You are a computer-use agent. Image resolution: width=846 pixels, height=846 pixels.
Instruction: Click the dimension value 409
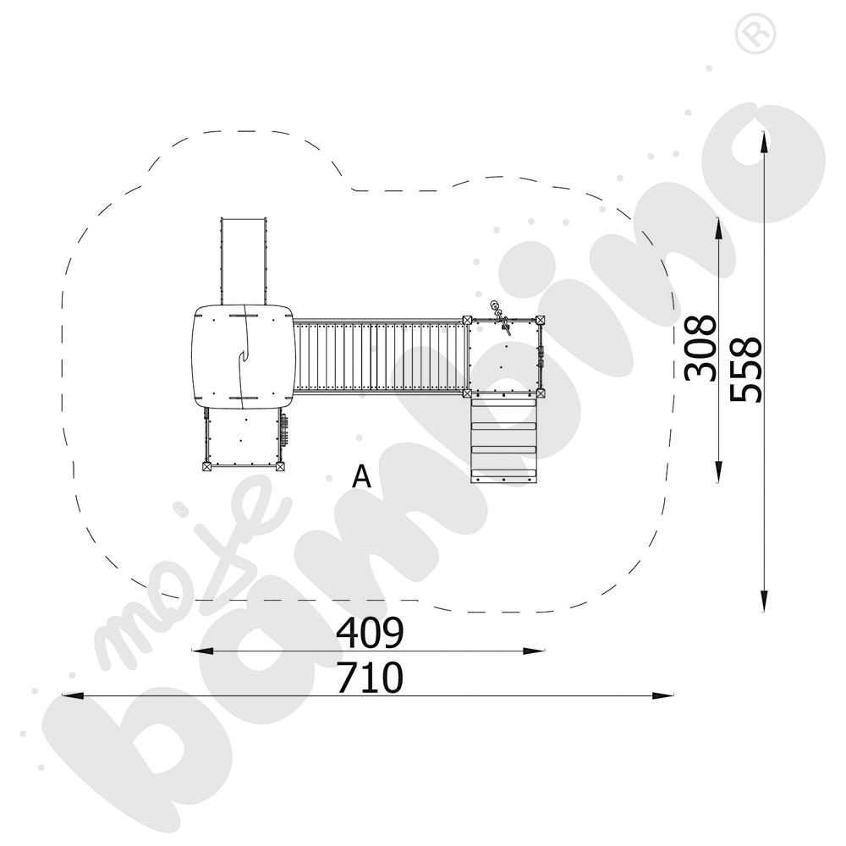(371, 631)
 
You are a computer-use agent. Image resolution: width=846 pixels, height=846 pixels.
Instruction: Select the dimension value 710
(371, 678)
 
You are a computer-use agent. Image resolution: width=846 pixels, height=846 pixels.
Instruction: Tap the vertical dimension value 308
(701, 348)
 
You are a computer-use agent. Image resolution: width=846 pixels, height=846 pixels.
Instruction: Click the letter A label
(362, 478)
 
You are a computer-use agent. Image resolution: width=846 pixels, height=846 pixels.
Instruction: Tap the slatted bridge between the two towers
(381, 355)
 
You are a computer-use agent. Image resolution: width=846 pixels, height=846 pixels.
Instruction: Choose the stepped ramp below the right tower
(504, 439)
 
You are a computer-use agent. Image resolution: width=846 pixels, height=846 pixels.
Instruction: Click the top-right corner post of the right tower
(540, 320)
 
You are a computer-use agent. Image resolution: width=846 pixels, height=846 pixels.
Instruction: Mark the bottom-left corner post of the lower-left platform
(207, 464)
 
